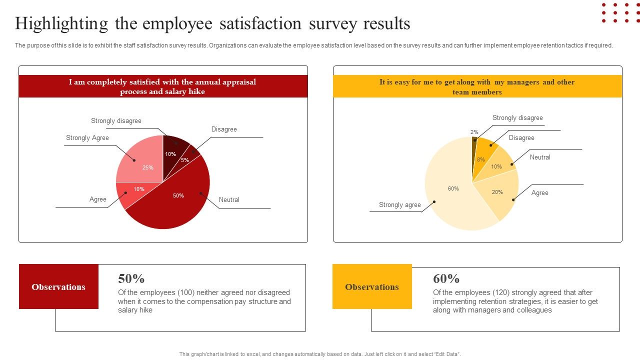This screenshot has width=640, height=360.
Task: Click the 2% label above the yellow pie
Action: pos(474,132)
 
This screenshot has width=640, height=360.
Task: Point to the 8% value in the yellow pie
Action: pos(481,159)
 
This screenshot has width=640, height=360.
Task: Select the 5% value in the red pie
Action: pos(185,160)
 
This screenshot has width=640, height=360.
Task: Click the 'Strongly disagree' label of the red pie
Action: pos(116,121)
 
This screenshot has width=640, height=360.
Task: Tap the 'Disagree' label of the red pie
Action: pos(224,129)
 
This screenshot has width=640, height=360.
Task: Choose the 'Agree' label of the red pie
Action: pos(98,199)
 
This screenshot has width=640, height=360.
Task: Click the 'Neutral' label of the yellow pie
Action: pos(540,157)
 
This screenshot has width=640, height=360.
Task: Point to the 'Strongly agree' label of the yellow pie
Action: pos(399,205)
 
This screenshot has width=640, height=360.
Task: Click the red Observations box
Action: pos(58,287)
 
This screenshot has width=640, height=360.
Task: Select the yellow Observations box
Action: pos(372,287)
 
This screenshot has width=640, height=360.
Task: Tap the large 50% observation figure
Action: pos(131,278)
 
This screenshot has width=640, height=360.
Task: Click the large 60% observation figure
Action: pos(446,278)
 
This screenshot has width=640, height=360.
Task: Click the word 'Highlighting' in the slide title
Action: pos(61,23)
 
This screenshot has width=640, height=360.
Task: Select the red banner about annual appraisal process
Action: pos(163,86)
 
